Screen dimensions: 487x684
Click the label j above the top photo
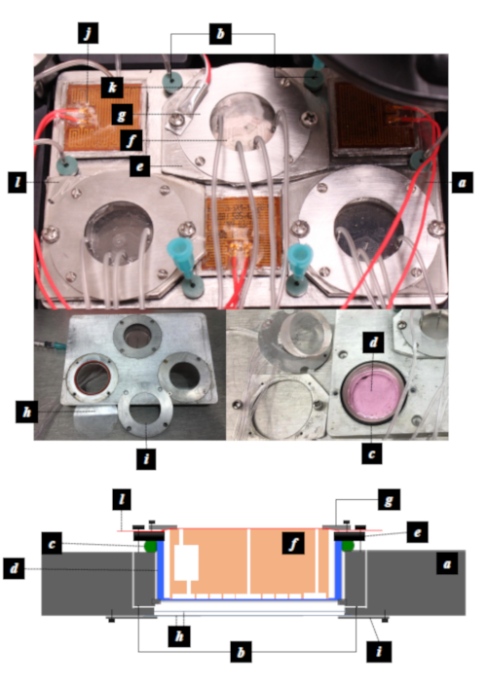pos(89,33)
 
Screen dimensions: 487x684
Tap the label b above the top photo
pos(220,34)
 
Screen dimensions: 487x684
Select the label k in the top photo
pos(112,88)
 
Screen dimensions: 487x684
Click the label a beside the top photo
pos(462,182)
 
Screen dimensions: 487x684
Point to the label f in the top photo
pos(131,140)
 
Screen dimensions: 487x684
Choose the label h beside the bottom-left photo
pos(26,412)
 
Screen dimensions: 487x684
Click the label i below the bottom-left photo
pos(146,459)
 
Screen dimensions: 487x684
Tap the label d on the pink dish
pos(373,342)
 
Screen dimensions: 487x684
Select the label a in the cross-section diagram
pos(447,564)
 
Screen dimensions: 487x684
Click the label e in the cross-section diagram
pos(418,532)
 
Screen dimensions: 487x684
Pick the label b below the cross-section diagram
pos(241,652)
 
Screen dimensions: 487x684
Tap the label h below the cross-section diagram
pos(179,636)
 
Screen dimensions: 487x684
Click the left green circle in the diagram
pos(150,547)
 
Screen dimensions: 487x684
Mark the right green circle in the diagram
pos(348,546)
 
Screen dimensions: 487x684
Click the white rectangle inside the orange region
pos(186,562)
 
